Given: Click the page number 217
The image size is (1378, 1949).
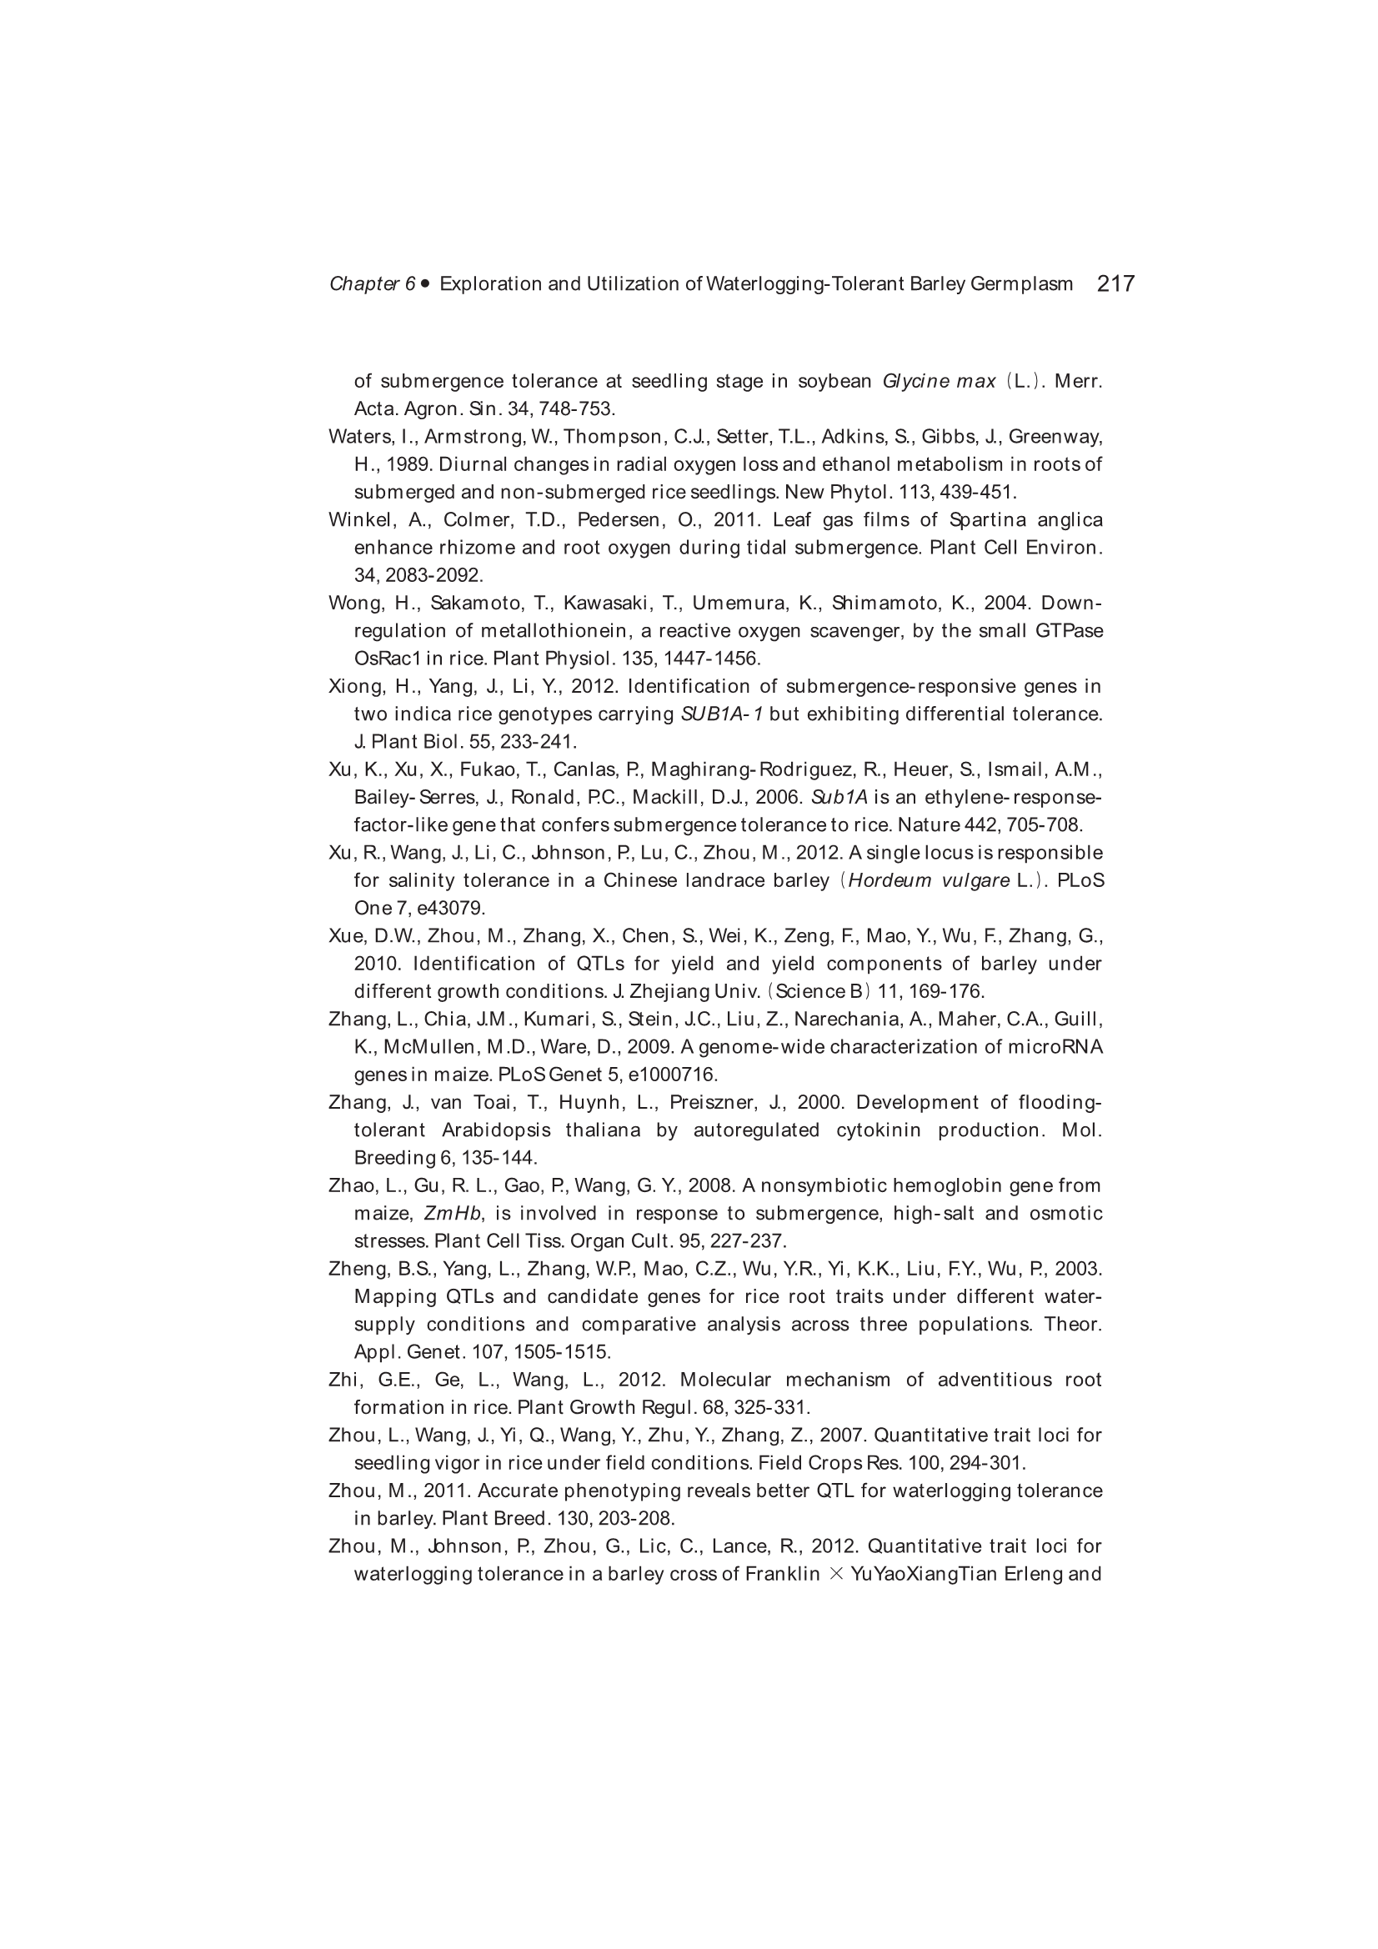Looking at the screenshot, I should coord(1115,284).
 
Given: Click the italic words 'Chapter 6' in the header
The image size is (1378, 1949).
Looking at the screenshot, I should coord(372,284).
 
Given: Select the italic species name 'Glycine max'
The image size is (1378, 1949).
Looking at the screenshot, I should coord(938,381).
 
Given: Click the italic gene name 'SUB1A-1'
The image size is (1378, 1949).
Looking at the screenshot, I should coord(721,714).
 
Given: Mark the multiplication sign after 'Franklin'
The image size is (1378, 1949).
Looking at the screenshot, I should coord(835,1575).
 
